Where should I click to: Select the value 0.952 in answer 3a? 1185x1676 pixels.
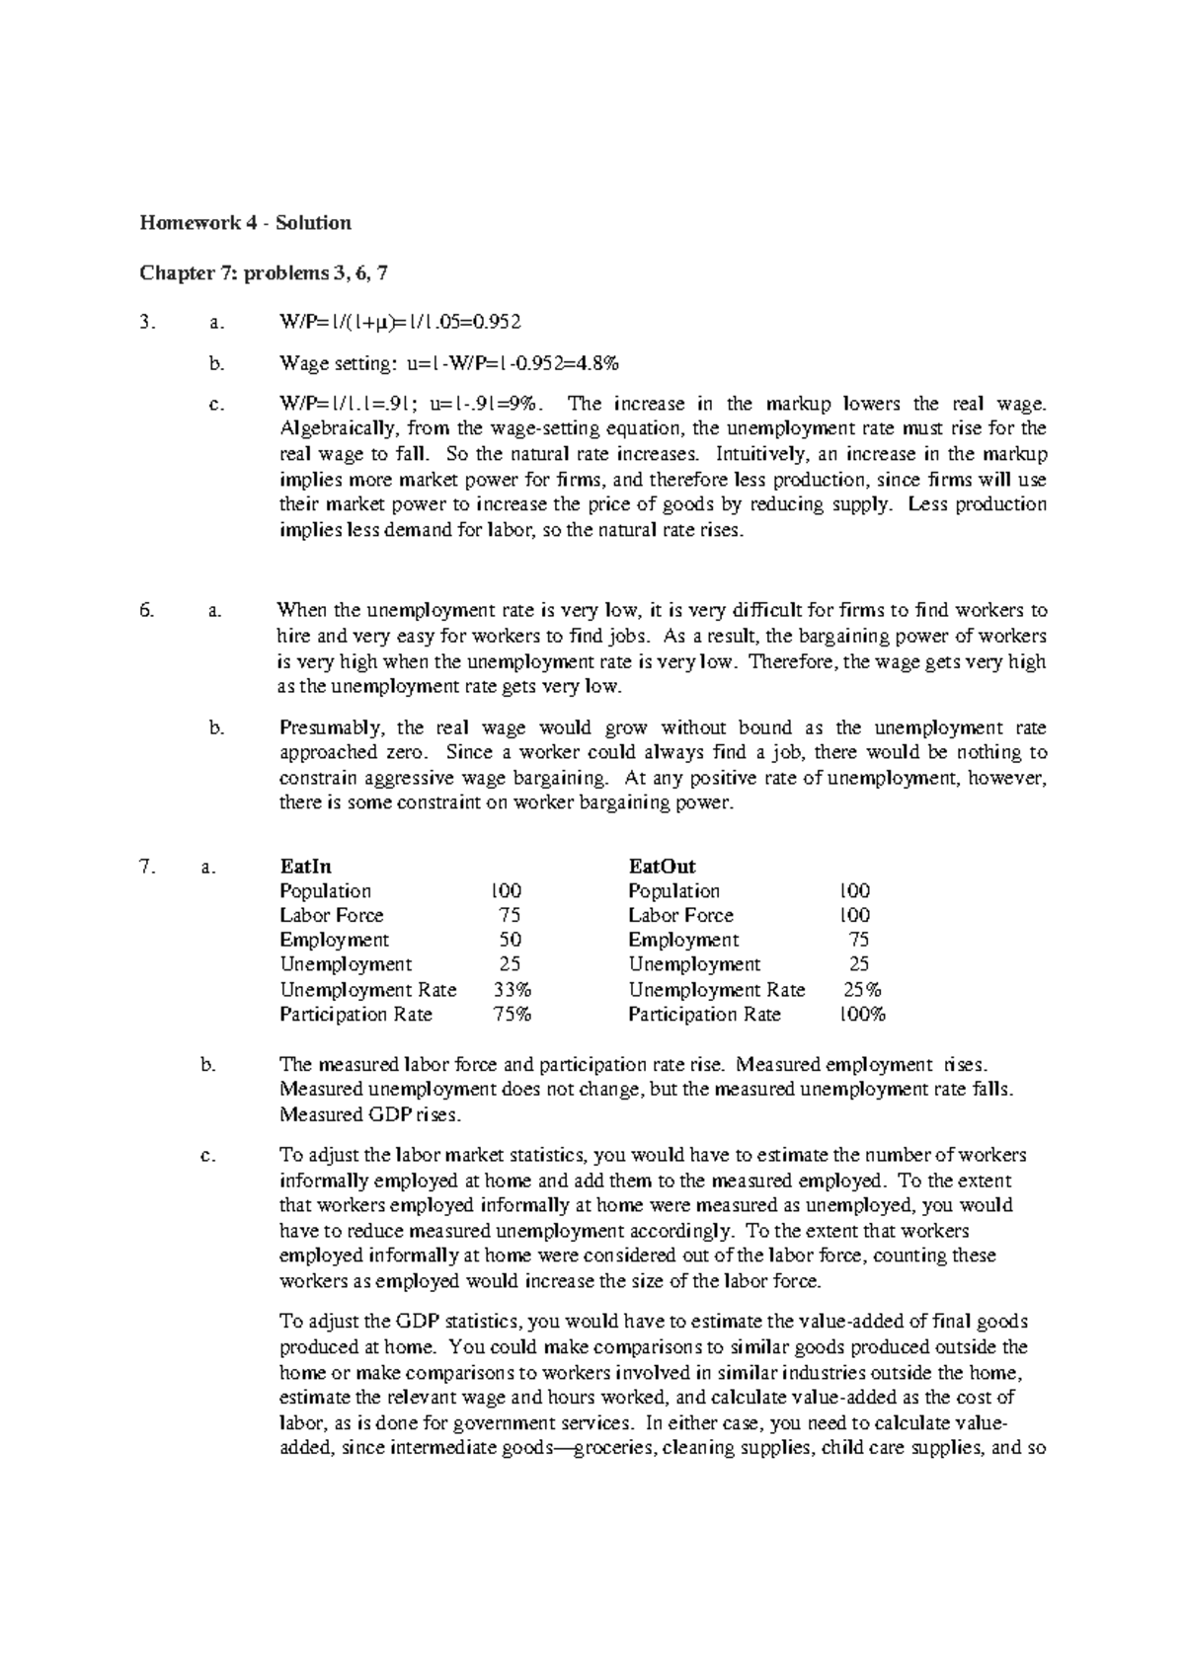(x=495, y=322)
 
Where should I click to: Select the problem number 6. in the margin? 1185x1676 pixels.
(x=147, y=611)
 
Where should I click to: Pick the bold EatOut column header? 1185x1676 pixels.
(x=662, y=867)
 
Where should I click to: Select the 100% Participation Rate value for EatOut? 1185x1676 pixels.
(x=862, y=1015)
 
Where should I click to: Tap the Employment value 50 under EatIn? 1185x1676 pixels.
(x=511, y=941)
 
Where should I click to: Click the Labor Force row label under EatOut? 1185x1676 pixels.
(x=680, y=916)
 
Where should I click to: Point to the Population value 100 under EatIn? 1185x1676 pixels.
(x=508, y=891)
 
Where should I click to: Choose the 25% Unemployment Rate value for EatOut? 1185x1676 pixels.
(x=862, y=990)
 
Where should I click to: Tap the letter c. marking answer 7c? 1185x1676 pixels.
(x=206, y=1156)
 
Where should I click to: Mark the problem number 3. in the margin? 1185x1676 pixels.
(x=147, y=322)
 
